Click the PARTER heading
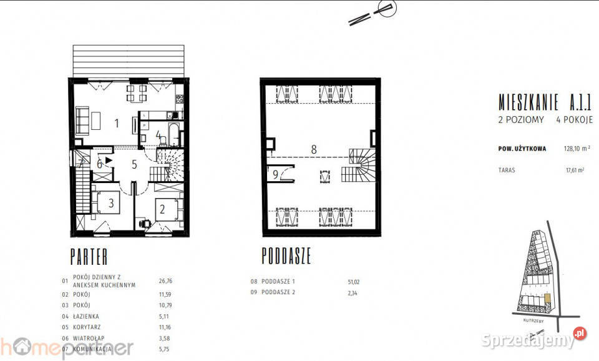89,256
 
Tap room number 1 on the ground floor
117,122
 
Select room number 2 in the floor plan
162,209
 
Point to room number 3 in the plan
111,202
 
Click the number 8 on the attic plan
314,149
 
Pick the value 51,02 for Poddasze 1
354,282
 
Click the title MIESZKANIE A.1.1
545,100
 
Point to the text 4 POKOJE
574,119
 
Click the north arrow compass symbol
373,14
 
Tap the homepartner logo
66,347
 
